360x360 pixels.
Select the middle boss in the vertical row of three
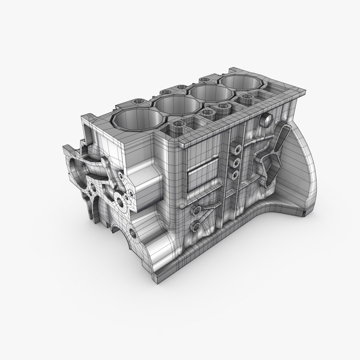236,162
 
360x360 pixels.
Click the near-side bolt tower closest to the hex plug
247,98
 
